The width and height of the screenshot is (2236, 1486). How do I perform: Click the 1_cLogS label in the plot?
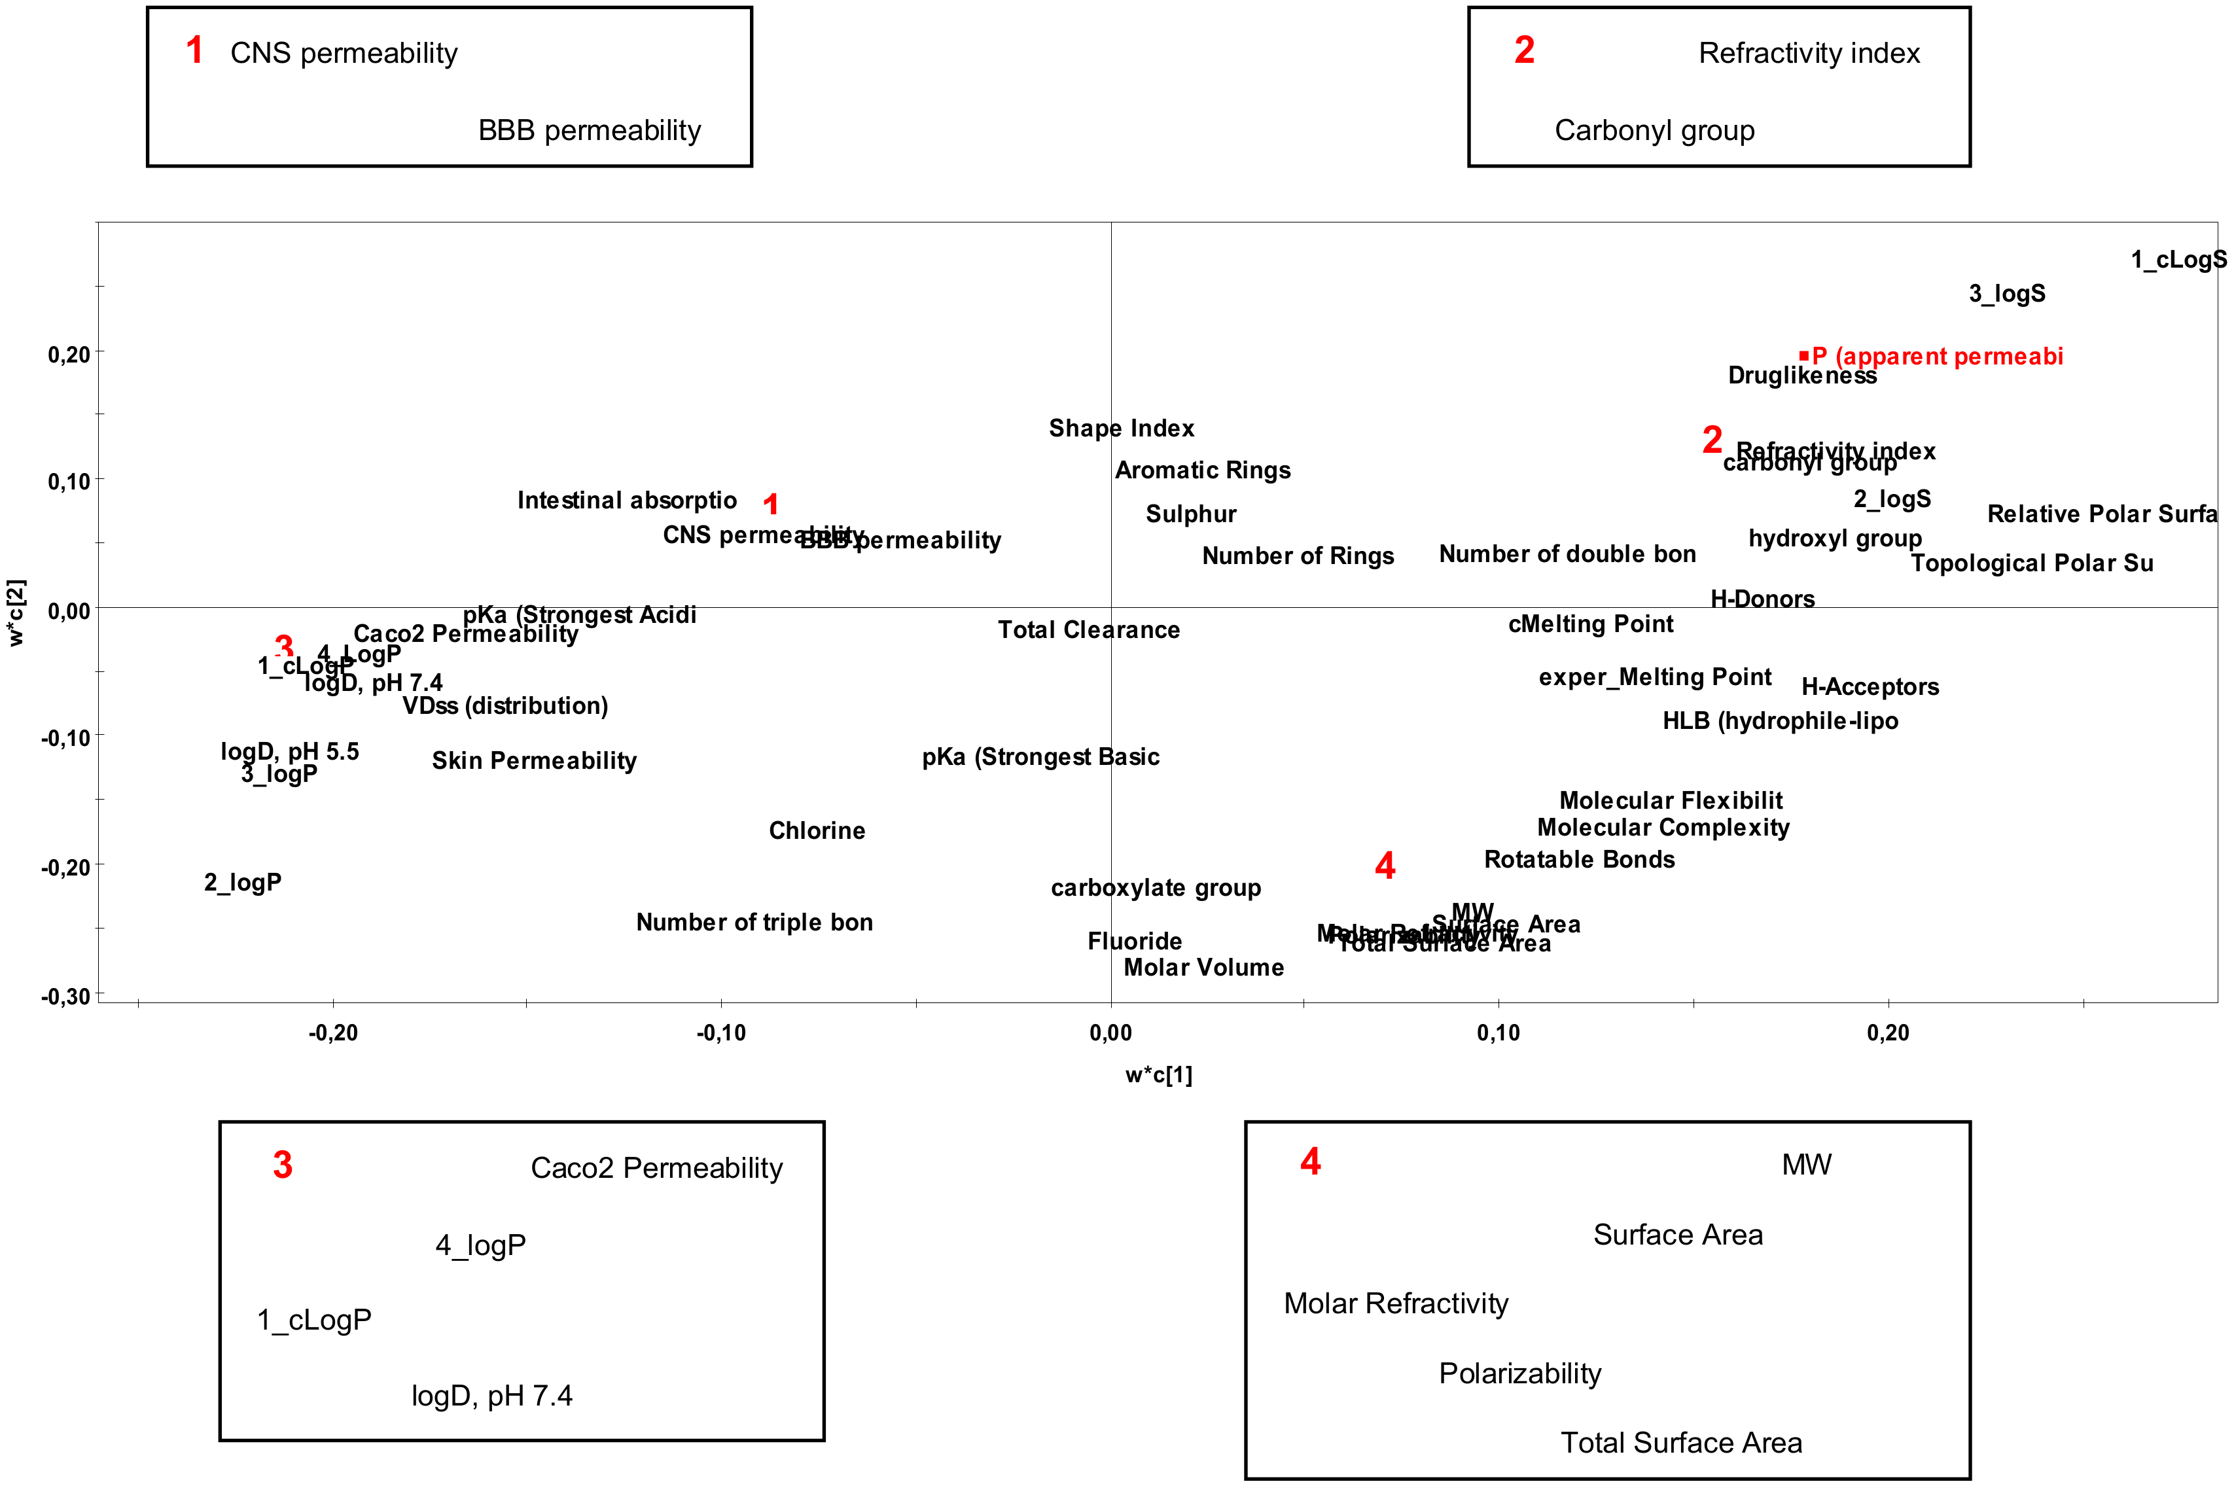pos(2178,260)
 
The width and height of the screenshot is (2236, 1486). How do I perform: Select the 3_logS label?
pos(2007,294)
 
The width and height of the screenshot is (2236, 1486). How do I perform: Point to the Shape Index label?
pos(1121,429)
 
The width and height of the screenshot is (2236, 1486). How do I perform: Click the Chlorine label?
pos(817,831)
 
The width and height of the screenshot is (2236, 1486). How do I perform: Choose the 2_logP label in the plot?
pos(243,882)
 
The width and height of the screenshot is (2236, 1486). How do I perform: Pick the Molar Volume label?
pos(1203,968)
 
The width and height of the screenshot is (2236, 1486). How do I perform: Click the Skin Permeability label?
pos(535,761)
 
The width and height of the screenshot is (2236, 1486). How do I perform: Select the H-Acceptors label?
pos(1870,687)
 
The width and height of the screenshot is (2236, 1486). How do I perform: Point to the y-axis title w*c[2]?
pos(17,612)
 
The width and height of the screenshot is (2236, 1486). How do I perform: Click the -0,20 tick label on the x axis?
pos(332,1034)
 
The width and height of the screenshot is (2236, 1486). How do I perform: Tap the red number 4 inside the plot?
pos(1384,865)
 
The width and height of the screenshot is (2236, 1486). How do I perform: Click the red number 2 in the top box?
pos(1523,50)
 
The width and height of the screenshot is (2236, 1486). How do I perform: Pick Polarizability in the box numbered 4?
pos(1519,1373)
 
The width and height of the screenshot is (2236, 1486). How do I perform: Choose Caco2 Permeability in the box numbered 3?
pos(656,1167)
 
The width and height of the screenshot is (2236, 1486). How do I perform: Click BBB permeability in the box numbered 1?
pos(590,130)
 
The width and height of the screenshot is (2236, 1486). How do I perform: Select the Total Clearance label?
pos(1089,630)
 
